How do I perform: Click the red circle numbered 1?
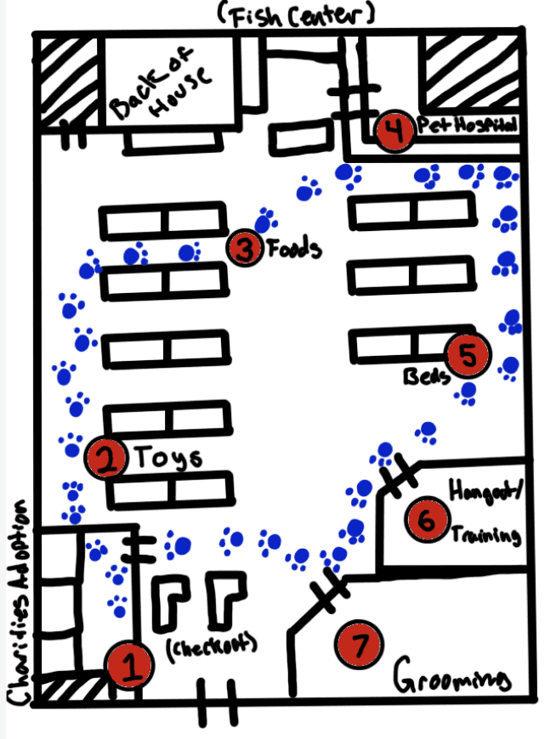(x=130, y=666)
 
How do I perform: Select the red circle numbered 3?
(x=246, y=248)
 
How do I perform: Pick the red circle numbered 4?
(x=394, y=132)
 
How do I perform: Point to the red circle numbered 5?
(x=468, y=355)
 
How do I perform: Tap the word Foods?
(x=293, y=250)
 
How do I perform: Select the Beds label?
(x=425, y=375)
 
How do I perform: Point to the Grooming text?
(x=453, y=679)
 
